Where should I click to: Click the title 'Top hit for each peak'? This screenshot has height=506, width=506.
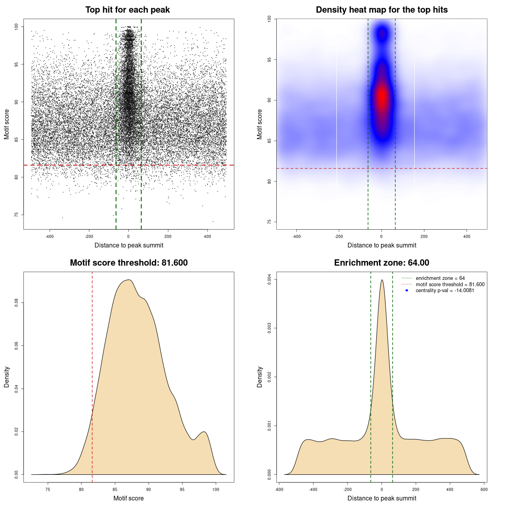[x=128, y=10]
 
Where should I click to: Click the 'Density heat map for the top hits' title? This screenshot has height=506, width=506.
[x=381, y=10]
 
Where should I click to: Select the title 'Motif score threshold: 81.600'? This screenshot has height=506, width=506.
[x=128, y=263]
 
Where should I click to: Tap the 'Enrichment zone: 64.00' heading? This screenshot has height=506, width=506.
[x=381, y=263]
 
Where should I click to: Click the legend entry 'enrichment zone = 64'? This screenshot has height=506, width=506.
[x=440, y=278]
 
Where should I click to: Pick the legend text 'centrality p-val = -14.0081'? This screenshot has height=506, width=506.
[x=445, y=291]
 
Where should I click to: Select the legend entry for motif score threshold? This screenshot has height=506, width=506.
[x=450, y=285]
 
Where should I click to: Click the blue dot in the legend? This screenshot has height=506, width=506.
[x=407, y=291]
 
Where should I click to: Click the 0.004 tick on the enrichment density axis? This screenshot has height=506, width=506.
[x=269, y=279]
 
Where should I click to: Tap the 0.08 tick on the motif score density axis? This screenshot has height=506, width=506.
[x=16, y=303]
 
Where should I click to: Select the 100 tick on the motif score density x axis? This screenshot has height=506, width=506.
[x=215, y=489]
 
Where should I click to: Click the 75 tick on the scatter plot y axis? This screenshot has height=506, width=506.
[x=16, y=215]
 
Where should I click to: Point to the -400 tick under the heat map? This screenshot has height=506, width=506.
[x=296, y=236]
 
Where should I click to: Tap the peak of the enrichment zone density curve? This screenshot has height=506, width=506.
[x=382, y=280]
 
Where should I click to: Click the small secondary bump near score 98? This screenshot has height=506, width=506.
[x=204, y=432]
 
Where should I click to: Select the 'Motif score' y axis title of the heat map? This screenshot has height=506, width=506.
[x=260, y=124]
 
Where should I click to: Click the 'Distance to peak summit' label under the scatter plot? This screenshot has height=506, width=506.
[x=129, y=245]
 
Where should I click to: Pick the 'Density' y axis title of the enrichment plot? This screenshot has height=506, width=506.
[x=260, y=377]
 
